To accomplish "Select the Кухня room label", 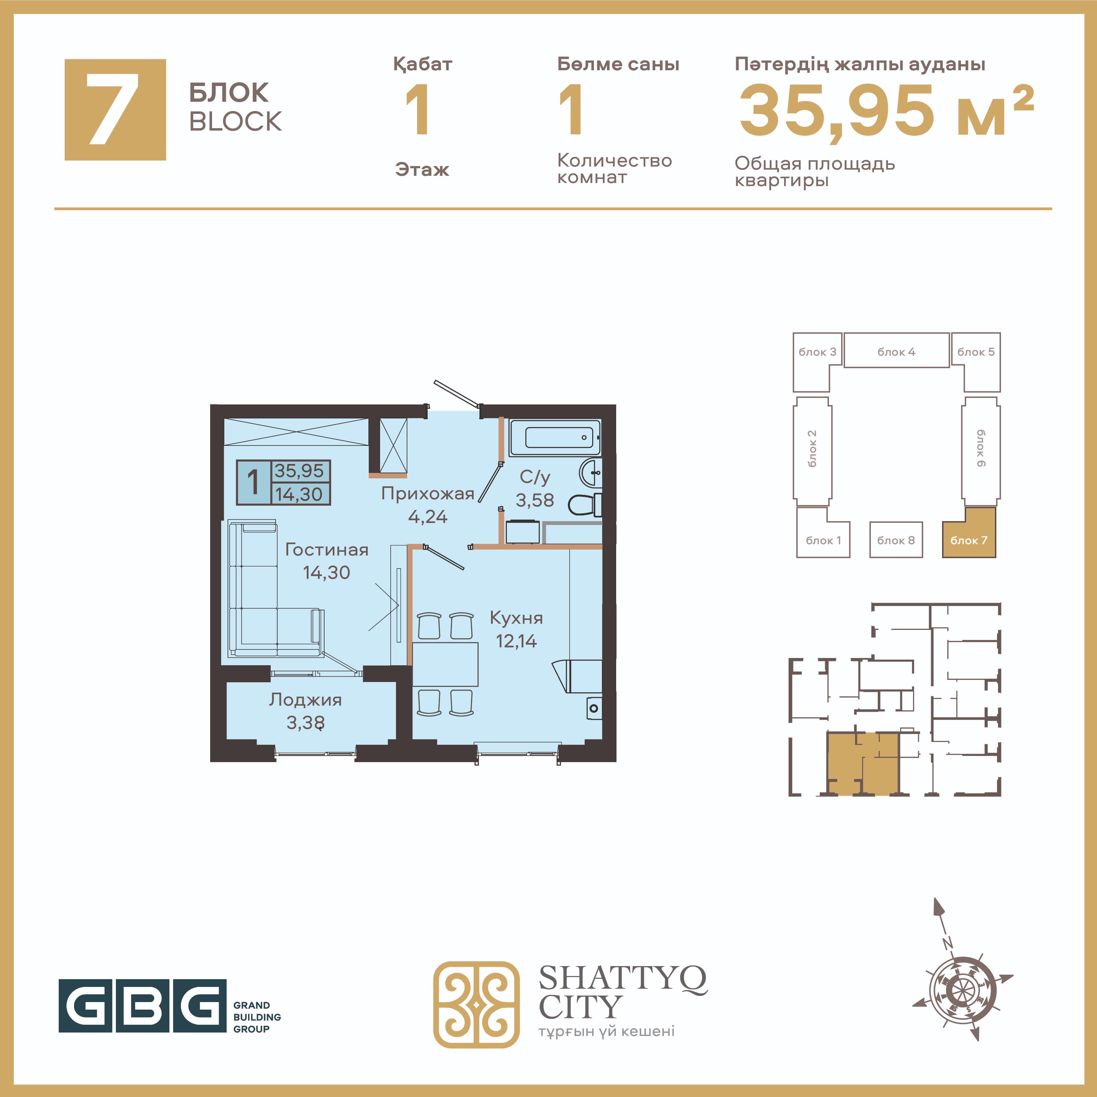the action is pos(516,618).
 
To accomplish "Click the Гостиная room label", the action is pos(327,550).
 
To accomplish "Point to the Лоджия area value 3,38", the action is pos(305,723).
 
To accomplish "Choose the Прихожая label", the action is pos(428,494).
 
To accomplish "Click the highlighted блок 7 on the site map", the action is pos(969,533).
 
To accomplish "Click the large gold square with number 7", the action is pos(115,110).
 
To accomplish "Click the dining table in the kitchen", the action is pos(445,664).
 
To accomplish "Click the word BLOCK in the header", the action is pos(235,121).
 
